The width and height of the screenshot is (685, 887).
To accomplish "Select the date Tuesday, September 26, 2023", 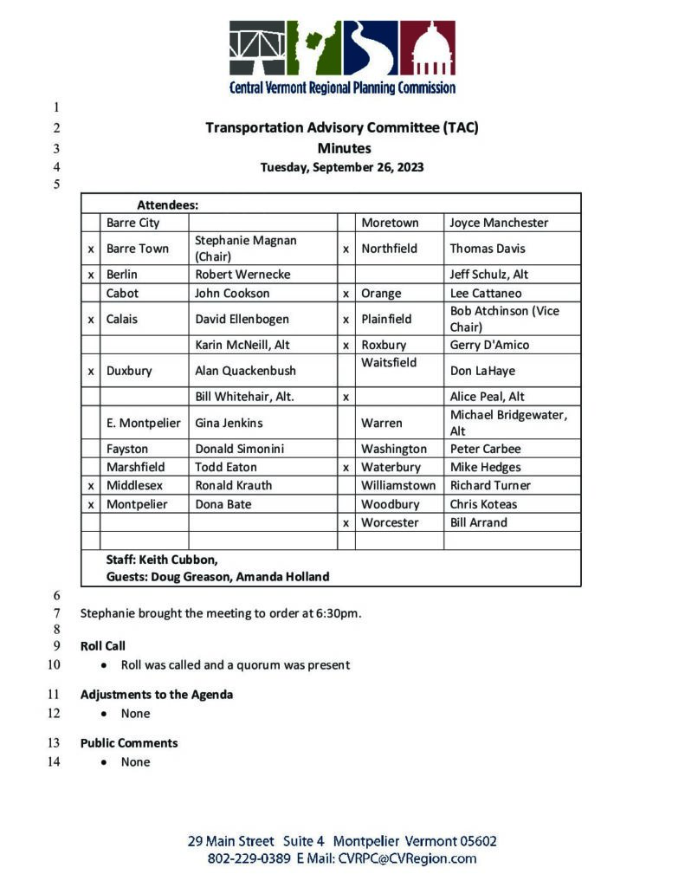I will [342, 168].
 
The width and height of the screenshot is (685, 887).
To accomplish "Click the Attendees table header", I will [168, 205].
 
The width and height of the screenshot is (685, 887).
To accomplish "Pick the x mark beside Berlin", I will [91, 275].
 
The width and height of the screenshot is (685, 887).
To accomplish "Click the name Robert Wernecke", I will [242, 275].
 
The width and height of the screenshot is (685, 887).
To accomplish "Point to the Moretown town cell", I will [390, 223].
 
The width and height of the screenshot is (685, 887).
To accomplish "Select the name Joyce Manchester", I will [499, 223].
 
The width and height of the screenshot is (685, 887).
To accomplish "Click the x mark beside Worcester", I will [346, 522].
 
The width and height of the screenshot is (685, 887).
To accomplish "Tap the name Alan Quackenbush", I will [245, 371].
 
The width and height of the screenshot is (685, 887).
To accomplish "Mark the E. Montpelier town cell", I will [144, 423].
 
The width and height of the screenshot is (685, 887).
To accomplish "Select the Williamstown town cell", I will [398, 485].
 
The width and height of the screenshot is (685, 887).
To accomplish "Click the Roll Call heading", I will [104, 646].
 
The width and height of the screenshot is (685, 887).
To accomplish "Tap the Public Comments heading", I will [129, 743].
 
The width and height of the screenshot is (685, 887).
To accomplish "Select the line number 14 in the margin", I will [54, 762].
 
